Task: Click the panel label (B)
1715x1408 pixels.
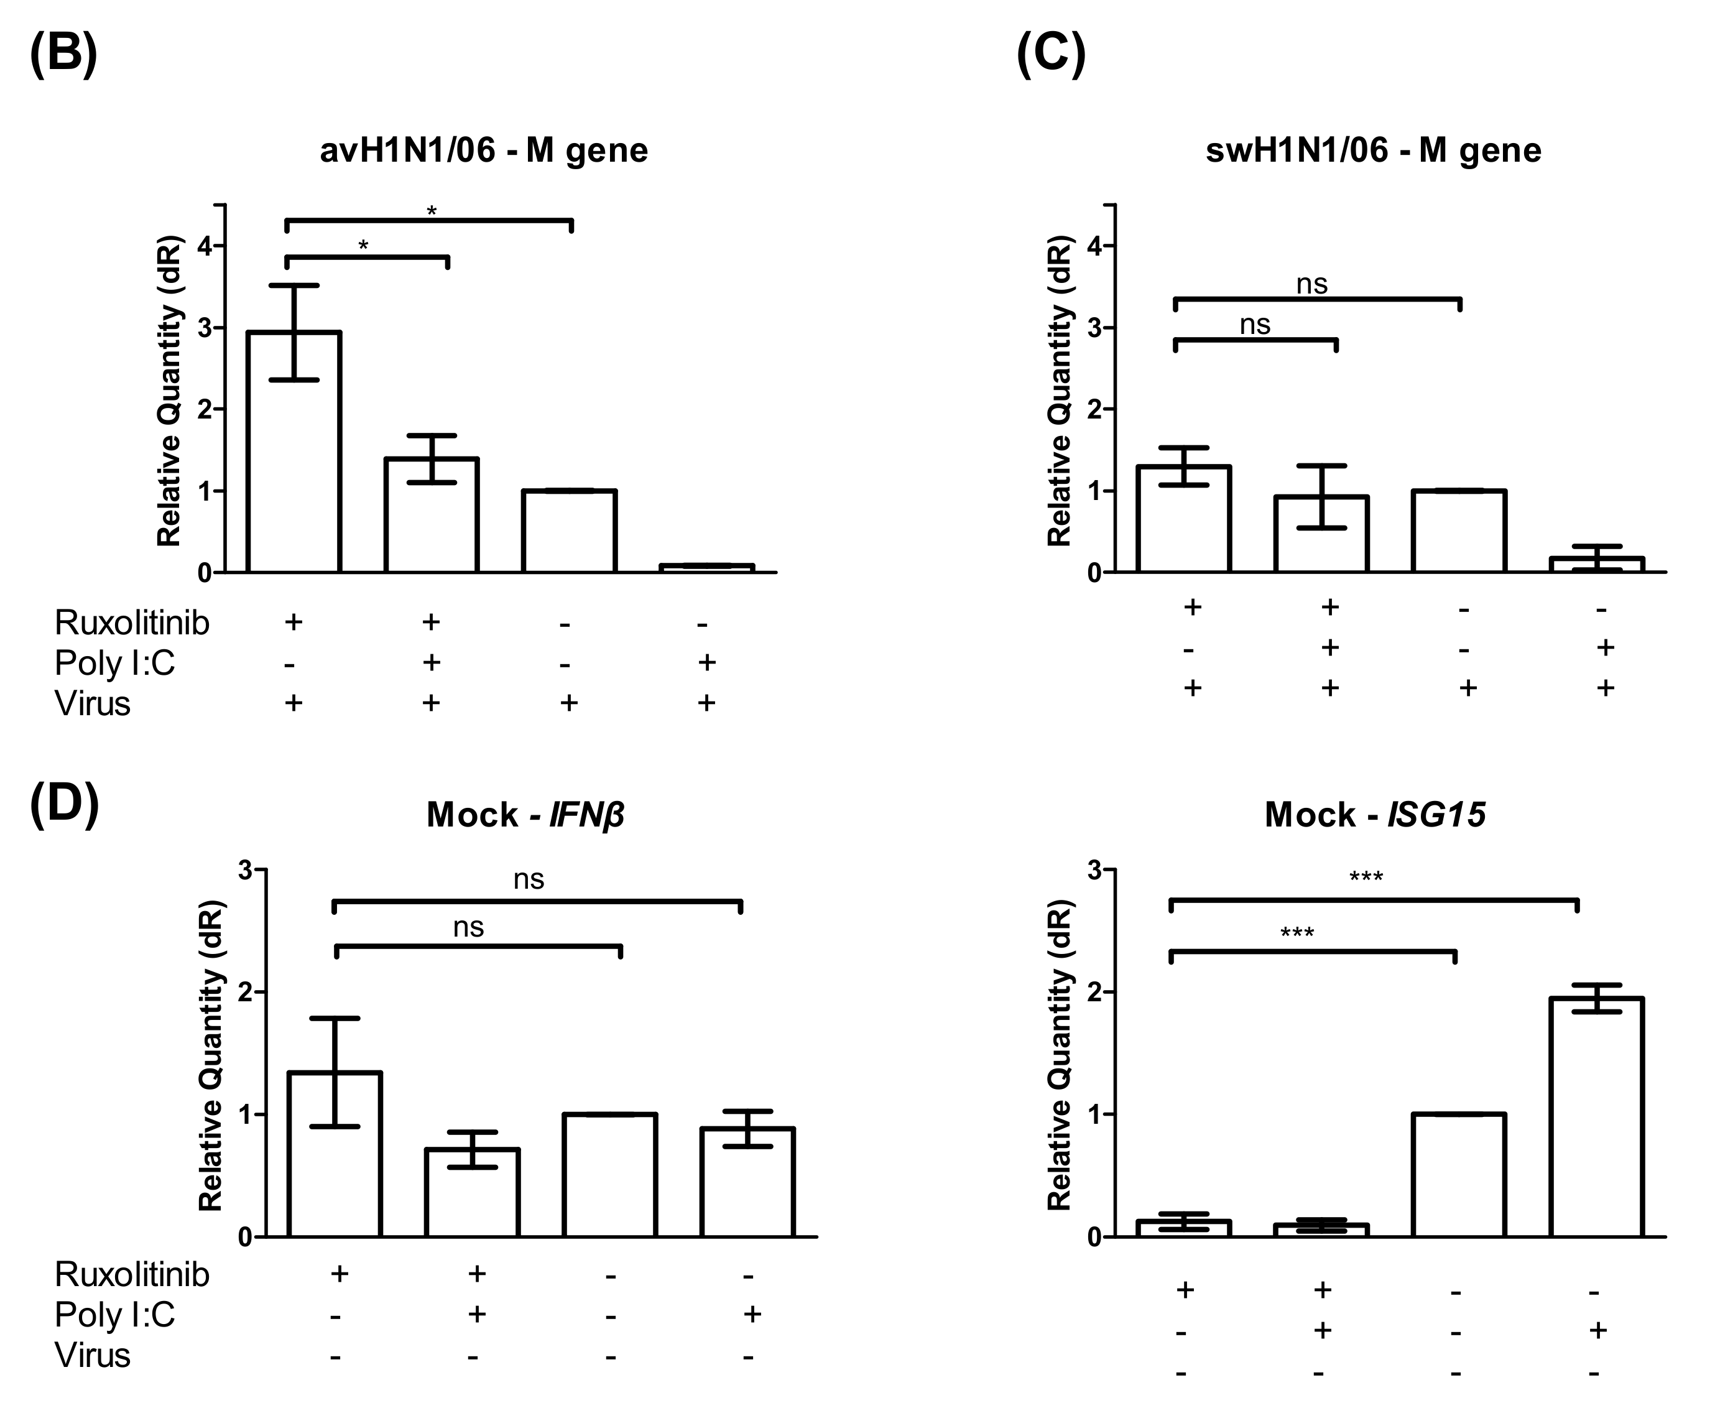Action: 63,53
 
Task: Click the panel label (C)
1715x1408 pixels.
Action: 1051,53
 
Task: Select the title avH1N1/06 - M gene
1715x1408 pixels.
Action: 484,151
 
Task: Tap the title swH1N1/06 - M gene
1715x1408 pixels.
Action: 1374,151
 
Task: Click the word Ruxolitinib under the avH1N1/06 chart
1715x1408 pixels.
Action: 131,623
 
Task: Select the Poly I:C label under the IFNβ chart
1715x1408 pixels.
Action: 114,1315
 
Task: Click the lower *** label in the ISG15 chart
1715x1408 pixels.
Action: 1297,933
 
